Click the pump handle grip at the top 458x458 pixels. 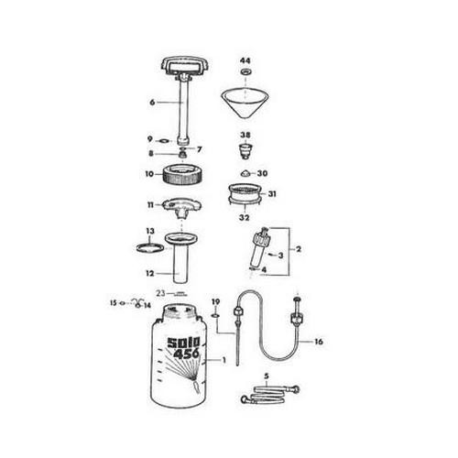pos(185,67)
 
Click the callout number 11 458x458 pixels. pos(147,205)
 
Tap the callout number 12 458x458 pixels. pos(148,272)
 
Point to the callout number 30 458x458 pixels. pos(262,173)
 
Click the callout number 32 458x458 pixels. pos(245,218)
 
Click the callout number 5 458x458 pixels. pos(265,376)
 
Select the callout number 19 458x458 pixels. pos(216,301)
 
